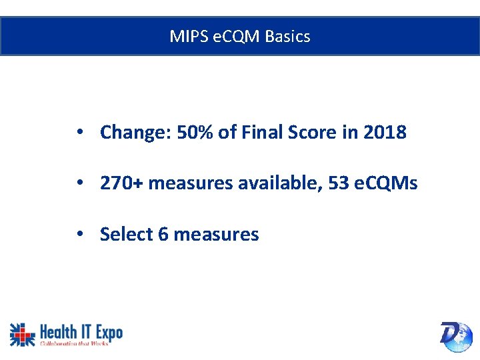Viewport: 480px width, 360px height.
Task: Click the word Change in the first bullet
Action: tap(135, 133)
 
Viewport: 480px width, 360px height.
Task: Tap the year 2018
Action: tap(385, 133)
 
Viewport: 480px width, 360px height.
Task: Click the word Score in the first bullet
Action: tap(313, 133)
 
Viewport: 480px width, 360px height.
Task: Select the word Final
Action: tap(262, 133)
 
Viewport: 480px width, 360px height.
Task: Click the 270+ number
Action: tap(121, 183)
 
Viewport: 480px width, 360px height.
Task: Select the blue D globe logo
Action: tap(456, 335)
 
